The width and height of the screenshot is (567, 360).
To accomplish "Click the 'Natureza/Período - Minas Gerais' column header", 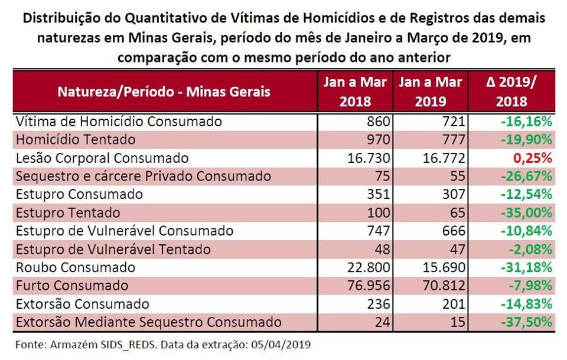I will point(164,91).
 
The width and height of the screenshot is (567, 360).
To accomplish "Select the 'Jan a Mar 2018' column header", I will point(355,91).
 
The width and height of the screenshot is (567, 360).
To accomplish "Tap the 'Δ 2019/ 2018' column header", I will point(511,91).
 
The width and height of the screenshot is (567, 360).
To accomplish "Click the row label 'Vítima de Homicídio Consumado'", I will point(119,122).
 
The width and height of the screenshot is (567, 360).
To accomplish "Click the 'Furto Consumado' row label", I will point(72,286).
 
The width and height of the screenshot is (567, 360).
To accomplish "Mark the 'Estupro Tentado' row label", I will point(68,212).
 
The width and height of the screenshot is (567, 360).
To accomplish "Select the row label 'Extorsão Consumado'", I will point(83,304).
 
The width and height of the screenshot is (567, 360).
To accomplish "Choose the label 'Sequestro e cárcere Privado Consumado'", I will point(144,176).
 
